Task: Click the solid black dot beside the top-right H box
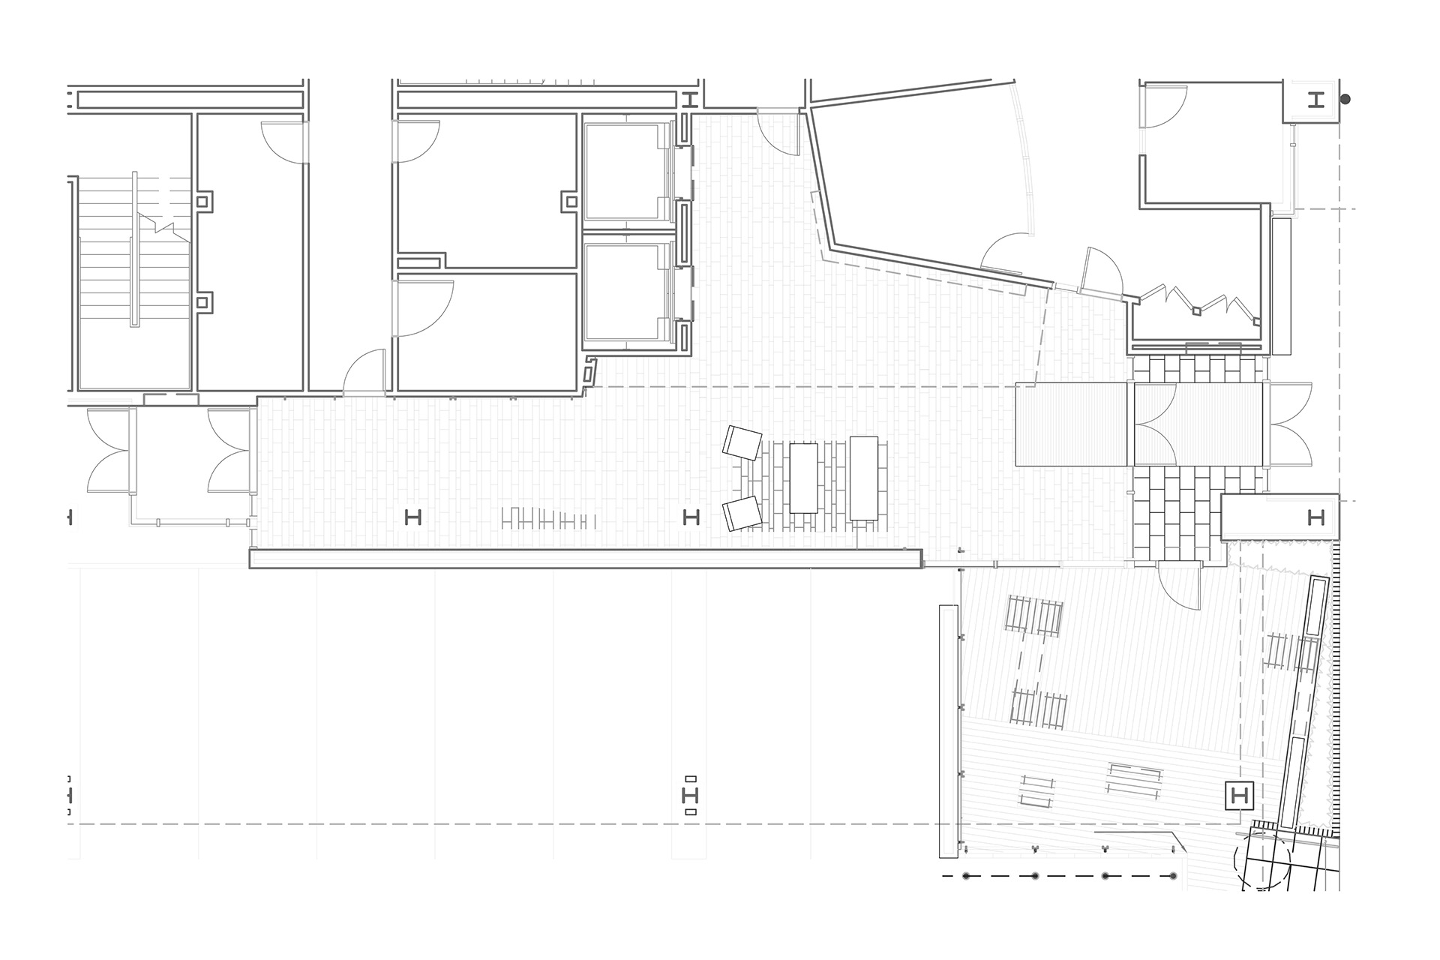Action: click(x=1345, y=99)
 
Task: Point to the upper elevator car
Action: click(x=626, y=172)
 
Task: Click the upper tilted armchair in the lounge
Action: click(x=742, y=442)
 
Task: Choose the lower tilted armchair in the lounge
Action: click(x=742, y=514)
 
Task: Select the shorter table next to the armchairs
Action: click(x=803, y=478)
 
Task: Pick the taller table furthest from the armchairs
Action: click(x=863, y=478)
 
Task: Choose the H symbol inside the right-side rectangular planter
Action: click(x=1315, y=517)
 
